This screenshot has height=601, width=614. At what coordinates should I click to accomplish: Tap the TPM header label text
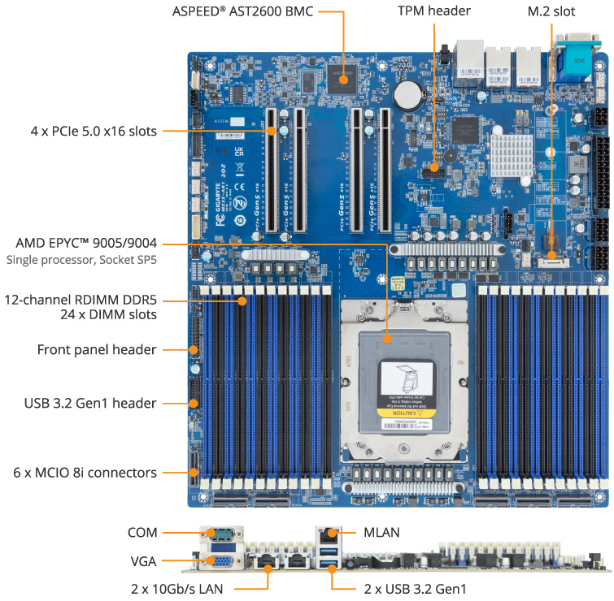[433, 11]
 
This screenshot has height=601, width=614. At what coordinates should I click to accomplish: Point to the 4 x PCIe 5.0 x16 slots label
[80, 131]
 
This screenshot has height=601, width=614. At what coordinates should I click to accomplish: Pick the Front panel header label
[97, 349]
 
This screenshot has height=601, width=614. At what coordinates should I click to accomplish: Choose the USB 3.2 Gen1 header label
[90, 403]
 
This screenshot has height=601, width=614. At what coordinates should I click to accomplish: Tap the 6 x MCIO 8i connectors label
[85, 472]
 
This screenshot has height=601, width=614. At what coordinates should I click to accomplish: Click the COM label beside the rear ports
[142, 533]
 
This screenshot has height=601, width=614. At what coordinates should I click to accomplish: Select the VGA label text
[143, 560]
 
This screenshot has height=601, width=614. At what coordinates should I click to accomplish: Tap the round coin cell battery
[407, 97]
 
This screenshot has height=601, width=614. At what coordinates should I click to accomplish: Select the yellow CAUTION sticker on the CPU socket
[403, 414]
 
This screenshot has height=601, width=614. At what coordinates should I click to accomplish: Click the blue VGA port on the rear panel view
[217, 560]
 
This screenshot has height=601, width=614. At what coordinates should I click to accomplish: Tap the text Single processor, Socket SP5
[81, 261]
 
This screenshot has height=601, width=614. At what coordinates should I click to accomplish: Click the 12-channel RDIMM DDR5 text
[81, 300]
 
